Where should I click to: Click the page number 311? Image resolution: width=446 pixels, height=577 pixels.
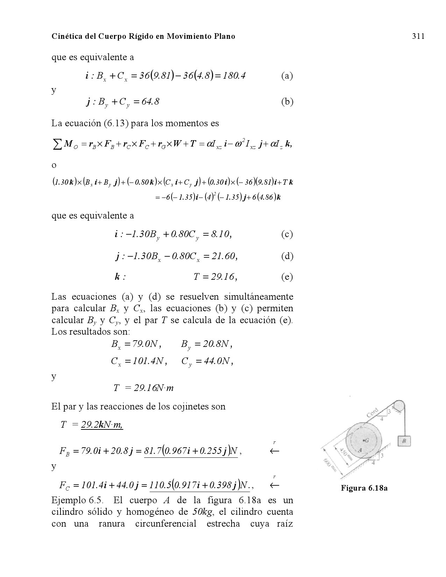coord(418,36)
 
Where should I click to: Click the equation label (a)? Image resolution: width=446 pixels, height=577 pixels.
coord(287,76)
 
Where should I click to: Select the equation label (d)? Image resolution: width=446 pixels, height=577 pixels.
coord(287,256)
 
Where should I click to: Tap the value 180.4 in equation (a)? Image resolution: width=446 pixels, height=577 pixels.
coord(233,76)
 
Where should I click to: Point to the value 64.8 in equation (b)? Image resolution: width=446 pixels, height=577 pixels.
coord(148,102)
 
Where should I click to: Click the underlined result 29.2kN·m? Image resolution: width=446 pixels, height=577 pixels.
coord(102,425)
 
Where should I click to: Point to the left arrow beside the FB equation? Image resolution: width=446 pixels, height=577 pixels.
coord(275,451)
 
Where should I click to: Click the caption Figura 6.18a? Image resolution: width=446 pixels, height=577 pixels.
coord(364,488)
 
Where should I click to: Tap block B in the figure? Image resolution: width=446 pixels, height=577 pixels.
coord(404,441)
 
